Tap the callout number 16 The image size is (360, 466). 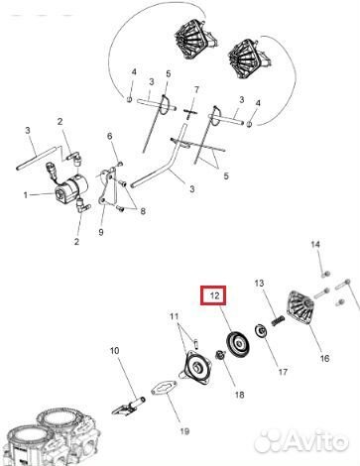point(323,358)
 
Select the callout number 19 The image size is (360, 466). point(185,431)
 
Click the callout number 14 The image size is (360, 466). point(315,244)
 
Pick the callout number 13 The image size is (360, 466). point(262,284)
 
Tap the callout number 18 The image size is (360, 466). point(238,395)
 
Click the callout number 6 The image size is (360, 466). point(110,136)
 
